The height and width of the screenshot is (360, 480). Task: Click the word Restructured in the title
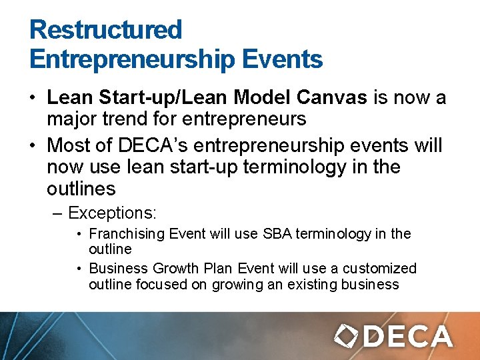(x=105, y=29)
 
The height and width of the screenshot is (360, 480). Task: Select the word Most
(x=68, y=144)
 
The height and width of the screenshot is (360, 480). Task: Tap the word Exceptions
(x=112, y=213)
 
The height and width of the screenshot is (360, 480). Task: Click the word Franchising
(x=127, y=234)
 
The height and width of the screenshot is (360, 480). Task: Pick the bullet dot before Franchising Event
(x=79, y=235)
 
